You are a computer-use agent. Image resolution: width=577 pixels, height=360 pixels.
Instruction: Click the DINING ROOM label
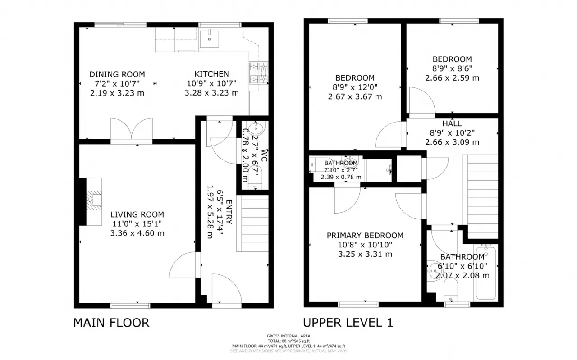pyautogui.click(x=117, y=74)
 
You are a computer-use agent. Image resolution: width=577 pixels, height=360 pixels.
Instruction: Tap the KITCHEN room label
pyautogui.click(x=211, y=74)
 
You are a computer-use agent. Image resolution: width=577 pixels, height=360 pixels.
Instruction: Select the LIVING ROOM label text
pyautogui.click(x=137, y=214)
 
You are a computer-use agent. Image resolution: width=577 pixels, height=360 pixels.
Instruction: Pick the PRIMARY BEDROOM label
pyautogui.click(x=365, y=235)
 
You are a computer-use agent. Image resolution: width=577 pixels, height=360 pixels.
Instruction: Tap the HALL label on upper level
pyautogui.click(x=452, y=123)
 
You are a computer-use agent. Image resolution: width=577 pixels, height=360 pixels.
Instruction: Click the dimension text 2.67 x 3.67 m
pyautogui.click(x=354, y=96)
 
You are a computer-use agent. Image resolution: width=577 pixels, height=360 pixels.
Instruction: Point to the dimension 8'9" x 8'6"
pyautogui.click(x=452, y=68)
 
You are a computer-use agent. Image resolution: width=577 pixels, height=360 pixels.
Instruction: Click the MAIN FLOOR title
pyautogui.click(x=111, y=323)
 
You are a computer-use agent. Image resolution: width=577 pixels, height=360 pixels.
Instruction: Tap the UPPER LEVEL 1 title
pyautogui.click(x=348, y=323)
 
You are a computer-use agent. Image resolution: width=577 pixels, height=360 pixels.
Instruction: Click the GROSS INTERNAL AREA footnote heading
pyautogui.click(x=288, y=336)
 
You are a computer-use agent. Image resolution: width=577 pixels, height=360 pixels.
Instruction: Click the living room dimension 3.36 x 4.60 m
pyautogui.click(x=137, y=233)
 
